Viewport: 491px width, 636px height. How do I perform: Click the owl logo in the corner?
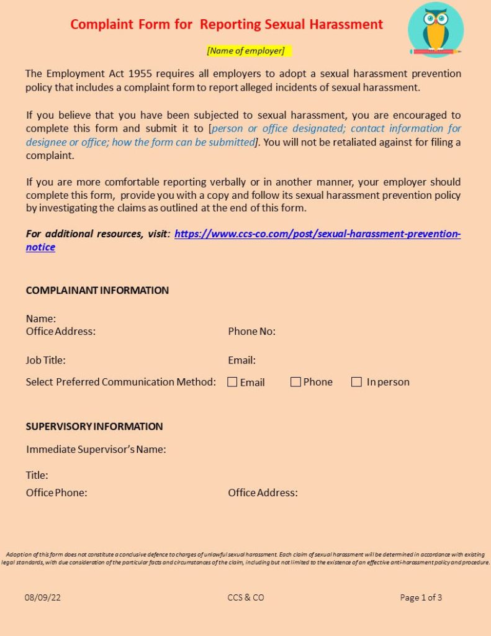(435, 29)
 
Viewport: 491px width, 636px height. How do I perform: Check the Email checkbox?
(232, 383)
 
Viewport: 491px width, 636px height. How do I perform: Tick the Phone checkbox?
(295, 382)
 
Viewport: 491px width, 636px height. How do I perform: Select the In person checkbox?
(356, 382)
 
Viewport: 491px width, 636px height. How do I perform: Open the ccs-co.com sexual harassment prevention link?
(317, 234)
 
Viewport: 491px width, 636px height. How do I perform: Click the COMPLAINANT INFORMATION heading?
(97, 290)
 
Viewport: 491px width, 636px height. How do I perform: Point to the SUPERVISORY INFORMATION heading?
(94, 426)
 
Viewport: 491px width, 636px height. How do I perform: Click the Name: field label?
(41, 319)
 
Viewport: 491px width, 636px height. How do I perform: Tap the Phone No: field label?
(251, 331)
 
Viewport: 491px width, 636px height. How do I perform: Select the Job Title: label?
(45, 360)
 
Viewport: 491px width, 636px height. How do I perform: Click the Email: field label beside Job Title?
(241, 360)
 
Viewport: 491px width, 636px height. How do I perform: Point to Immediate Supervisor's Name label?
(96, 449)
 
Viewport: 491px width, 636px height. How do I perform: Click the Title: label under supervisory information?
(37, 475)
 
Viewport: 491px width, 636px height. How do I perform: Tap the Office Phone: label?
(56, 493)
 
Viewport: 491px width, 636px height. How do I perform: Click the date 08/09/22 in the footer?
(43, 597)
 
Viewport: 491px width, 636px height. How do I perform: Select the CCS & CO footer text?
(246, 597)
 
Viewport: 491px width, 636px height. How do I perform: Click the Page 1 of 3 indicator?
(421, 597)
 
